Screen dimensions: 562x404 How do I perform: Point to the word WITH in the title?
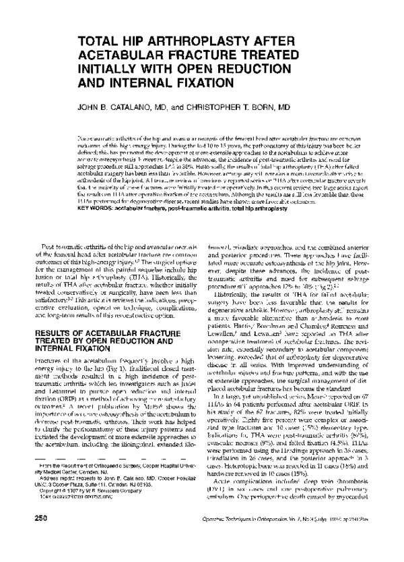(176, 69)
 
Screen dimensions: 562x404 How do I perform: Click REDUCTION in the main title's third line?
(269, 69)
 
